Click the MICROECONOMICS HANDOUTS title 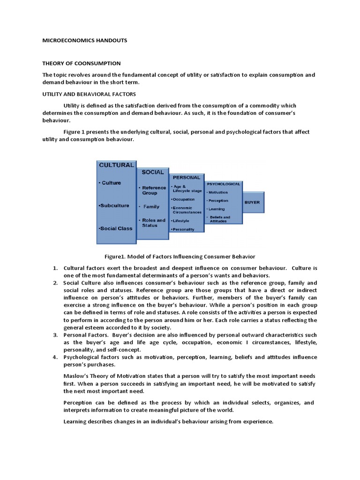(x=84, y=41)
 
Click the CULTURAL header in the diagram (x=116, y=165)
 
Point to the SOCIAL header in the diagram (x=153, y=172)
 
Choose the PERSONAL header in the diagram (x=187, y=178)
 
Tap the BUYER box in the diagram (x=252, y=202)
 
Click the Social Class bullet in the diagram (x=115, y=228)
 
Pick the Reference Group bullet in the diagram (x=153, y=190)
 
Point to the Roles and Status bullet (x=153, y=223)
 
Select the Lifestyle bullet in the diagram (x=181, y=220)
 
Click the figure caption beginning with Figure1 (x=180, y=256)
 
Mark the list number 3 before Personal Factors (x=55, y=335)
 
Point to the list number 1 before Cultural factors (x=55, y=268)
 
